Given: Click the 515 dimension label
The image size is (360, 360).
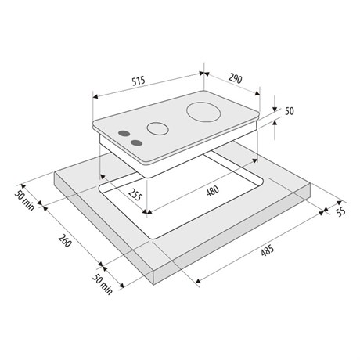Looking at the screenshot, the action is [x=139, y=81].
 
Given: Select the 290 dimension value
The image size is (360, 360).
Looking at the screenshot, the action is [x=236, y=78].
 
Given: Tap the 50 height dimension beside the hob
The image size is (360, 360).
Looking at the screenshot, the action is [x=289, y=111].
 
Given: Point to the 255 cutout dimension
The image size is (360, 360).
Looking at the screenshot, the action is [x=135, y=194].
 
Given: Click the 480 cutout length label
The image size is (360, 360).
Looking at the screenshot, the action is [x=212, y=191].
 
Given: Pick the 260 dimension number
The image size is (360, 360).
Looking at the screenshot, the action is [x=65, y=240].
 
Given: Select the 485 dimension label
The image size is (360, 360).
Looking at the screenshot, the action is [x=268, y=250].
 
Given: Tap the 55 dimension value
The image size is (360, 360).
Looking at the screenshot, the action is [x=340, y=211].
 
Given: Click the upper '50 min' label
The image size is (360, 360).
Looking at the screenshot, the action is [x=24, y=200].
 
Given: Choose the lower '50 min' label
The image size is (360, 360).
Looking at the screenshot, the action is [x=103, y=284].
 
